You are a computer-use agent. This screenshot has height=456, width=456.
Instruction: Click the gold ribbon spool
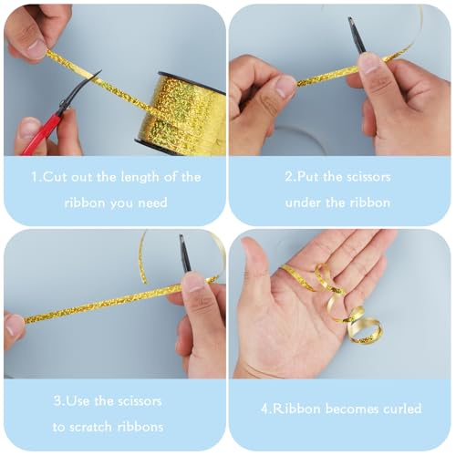click(181, 114)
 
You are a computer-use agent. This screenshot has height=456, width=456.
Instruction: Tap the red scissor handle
click(39, 134)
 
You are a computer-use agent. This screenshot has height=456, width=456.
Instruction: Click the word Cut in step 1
click(55, 177)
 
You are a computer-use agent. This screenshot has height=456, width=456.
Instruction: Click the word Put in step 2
click(308, 176)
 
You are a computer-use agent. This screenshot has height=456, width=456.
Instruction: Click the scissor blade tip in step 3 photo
click(181, 236)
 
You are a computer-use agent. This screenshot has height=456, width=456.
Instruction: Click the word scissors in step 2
click(368, 176)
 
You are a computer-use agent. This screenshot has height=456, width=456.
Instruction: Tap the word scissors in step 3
click(140, 401)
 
